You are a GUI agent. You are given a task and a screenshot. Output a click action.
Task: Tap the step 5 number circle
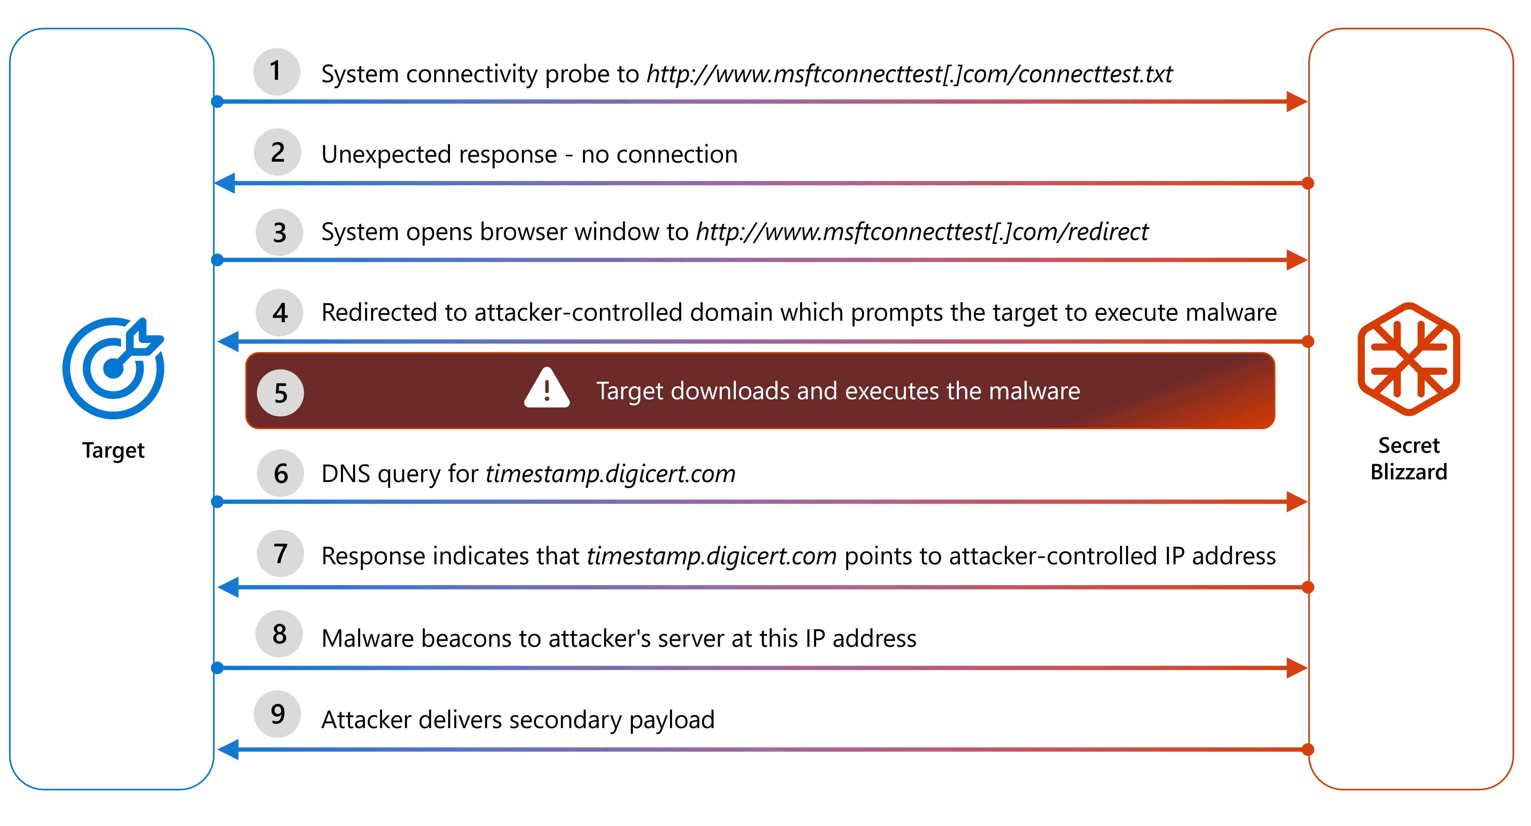tap(280, 393)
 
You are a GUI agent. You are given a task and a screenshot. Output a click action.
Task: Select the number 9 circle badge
tap(277, 714)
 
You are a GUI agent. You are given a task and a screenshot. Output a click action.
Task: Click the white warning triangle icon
tap(547, 389)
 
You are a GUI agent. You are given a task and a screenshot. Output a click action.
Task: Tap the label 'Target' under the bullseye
tap(113, 450)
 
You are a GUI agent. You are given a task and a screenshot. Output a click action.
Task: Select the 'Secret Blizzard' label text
tap(1409, 458)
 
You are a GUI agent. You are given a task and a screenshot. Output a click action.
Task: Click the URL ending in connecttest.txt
tap(909, 74)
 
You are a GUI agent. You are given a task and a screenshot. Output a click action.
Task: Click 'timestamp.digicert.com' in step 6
tap(610, 474)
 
